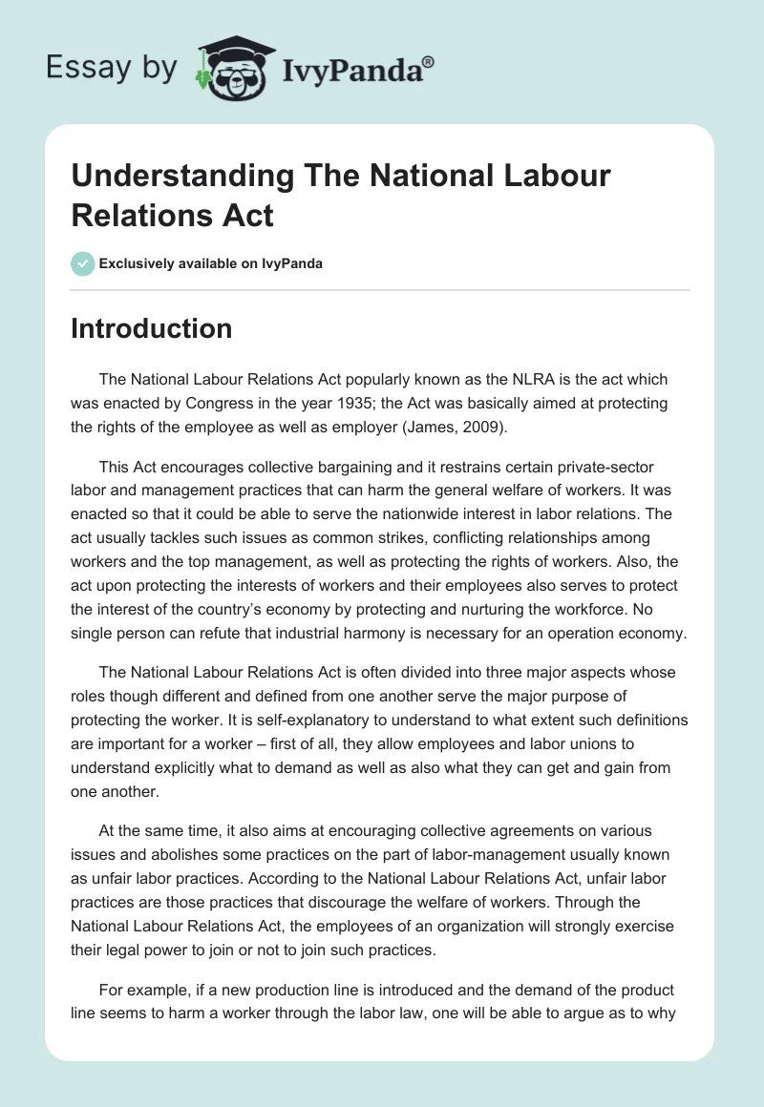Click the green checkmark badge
83,263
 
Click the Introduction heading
152,328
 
